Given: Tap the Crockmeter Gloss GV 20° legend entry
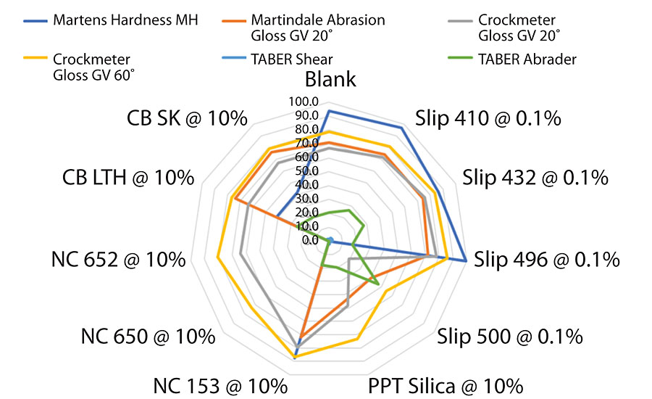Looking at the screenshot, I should pos(522,26).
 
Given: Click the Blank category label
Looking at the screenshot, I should pos(330,79).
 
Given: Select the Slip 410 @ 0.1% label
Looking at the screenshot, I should pos(488,118).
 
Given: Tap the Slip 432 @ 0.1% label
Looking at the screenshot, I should pos(535,177).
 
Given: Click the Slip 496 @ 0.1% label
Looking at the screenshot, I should pos(547,259).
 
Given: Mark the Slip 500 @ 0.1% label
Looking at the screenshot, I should pos(510,336).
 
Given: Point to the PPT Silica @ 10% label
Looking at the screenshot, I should pos(445,384).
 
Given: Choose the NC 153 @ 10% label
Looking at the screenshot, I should pos(220,384).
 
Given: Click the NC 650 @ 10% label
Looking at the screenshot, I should pos(148,336).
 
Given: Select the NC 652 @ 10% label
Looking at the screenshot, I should pos(118,259).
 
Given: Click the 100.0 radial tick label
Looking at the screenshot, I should pos(302,102).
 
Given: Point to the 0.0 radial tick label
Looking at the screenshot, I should pos(310,240).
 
